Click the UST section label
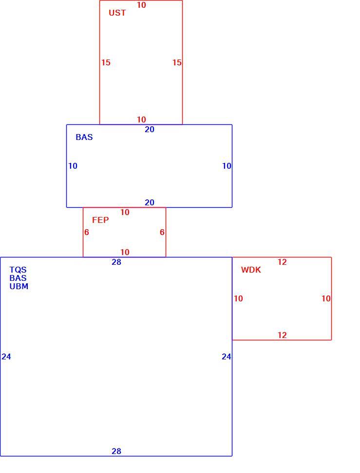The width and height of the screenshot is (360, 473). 117,13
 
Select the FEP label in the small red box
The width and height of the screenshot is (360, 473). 100,220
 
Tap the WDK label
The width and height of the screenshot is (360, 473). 251,270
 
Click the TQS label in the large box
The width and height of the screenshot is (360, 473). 18,270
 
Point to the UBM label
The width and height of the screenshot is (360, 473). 19,286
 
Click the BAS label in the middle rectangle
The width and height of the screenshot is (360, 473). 84,137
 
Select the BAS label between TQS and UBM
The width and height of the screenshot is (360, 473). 18,278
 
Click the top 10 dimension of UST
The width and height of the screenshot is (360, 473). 141,5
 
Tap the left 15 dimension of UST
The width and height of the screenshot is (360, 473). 106,62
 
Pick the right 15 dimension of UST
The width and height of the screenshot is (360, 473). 177,62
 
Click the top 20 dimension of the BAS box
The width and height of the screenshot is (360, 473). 150,129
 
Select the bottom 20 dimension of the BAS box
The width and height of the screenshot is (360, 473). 150,202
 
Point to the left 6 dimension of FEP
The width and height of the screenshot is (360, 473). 87,232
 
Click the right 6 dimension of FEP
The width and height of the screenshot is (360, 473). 162,232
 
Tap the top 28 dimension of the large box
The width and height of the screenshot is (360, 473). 116,262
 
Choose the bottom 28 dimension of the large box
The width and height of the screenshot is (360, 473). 116,451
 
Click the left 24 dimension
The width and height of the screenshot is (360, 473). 6,356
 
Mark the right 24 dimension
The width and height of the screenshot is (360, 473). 226,356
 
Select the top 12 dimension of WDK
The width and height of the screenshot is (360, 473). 282,262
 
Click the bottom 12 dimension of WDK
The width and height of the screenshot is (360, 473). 282,335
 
